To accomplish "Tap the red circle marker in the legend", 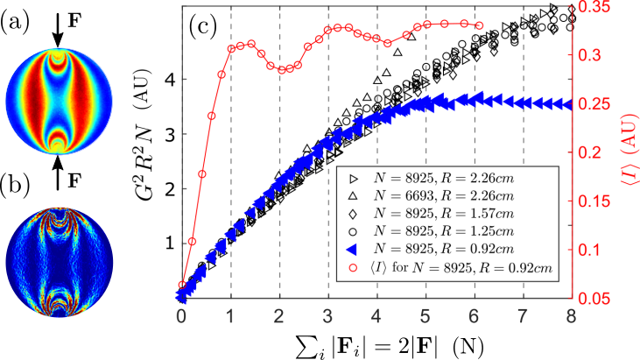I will click(x=355, y=267).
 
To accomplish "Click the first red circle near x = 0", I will click(x=182, y=285).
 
